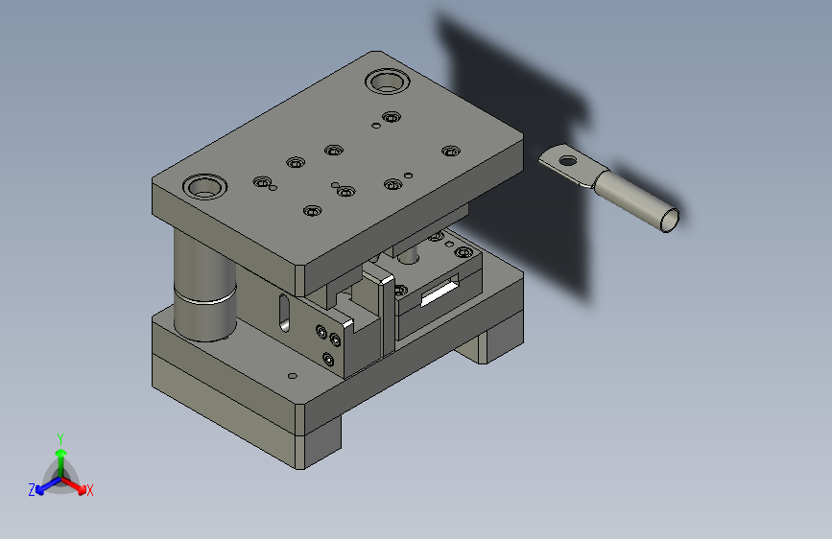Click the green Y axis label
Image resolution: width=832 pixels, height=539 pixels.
60,439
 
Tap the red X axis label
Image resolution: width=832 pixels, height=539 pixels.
89,490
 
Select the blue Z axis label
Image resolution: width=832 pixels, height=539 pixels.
32,490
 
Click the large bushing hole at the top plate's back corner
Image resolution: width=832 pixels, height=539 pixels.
388,82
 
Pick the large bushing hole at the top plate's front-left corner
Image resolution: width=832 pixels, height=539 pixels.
204,187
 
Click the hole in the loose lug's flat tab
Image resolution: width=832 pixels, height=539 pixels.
568,160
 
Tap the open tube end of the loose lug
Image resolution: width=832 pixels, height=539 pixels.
670,221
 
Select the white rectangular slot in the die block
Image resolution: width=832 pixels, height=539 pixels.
439,293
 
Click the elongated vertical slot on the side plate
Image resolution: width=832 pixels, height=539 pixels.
284,314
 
